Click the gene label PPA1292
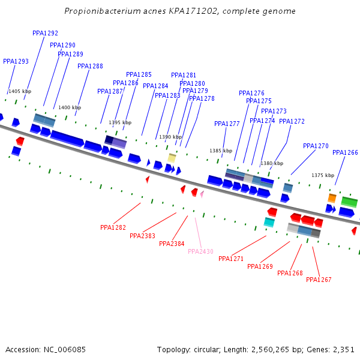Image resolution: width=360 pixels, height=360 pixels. point(45,34)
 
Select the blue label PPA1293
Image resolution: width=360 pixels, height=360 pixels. point(16,61)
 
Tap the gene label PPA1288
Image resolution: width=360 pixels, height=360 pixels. point(90,67)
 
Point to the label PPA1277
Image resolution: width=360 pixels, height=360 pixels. point(227,124)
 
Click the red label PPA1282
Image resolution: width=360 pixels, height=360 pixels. point(113,228)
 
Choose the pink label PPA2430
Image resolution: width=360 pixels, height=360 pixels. point(200,252)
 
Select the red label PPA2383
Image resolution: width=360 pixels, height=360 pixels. point(142,236)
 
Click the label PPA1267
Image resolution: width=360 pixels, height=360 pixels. point(319,280)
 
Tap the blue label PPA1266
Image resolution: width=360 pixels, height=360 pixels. point(345,153)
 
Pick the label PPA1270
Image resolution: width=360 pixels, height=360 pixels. point(316,146)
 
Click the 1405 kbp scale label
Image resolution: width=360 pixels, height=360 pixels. point(20,92)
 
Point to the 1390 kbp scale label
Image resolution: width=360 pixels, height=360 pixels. point(170,137)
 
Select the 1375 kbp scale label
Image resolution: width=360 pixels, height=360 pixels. point(323,176)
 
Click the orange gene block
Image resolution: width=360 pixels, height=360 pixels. point(332,198)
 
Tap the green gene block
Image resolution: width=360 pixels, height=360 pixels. point(349,202)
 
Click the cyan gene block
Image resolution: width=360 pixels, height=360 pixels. point(269,222)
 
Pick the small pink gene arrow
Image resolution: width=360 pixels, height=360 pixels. point(202,194)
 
